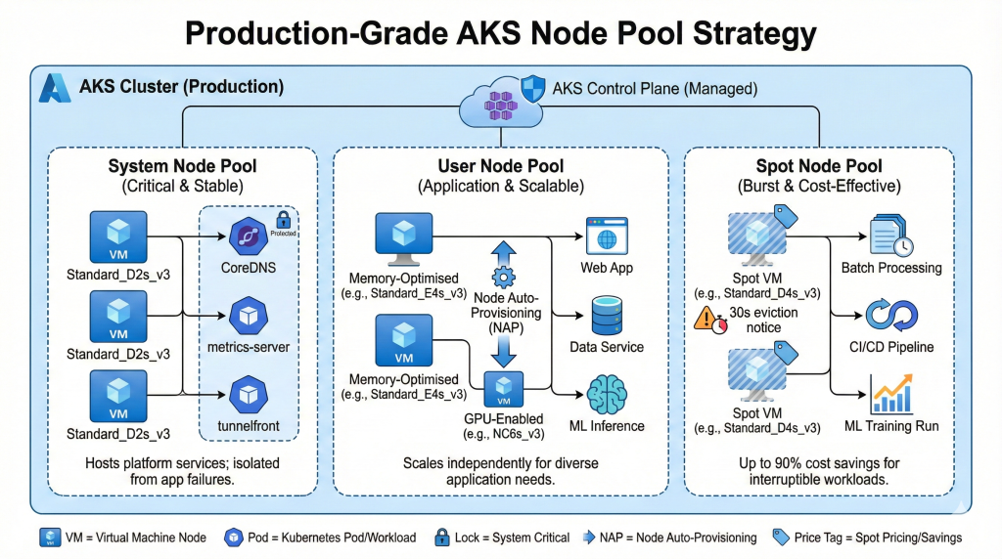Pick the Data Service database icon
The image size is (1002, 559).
click(606, 314)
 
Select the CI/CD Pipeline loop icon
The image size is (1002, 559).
click(890, 315)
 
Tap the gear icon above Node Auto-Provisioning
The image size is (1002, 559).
click(504, 275)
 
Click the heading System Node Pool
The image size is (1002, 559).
click(183, 166)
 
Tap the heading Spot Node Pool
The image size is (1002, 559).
click(819, 166)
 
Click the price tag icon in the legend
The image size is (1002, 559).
click(780, 537)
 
